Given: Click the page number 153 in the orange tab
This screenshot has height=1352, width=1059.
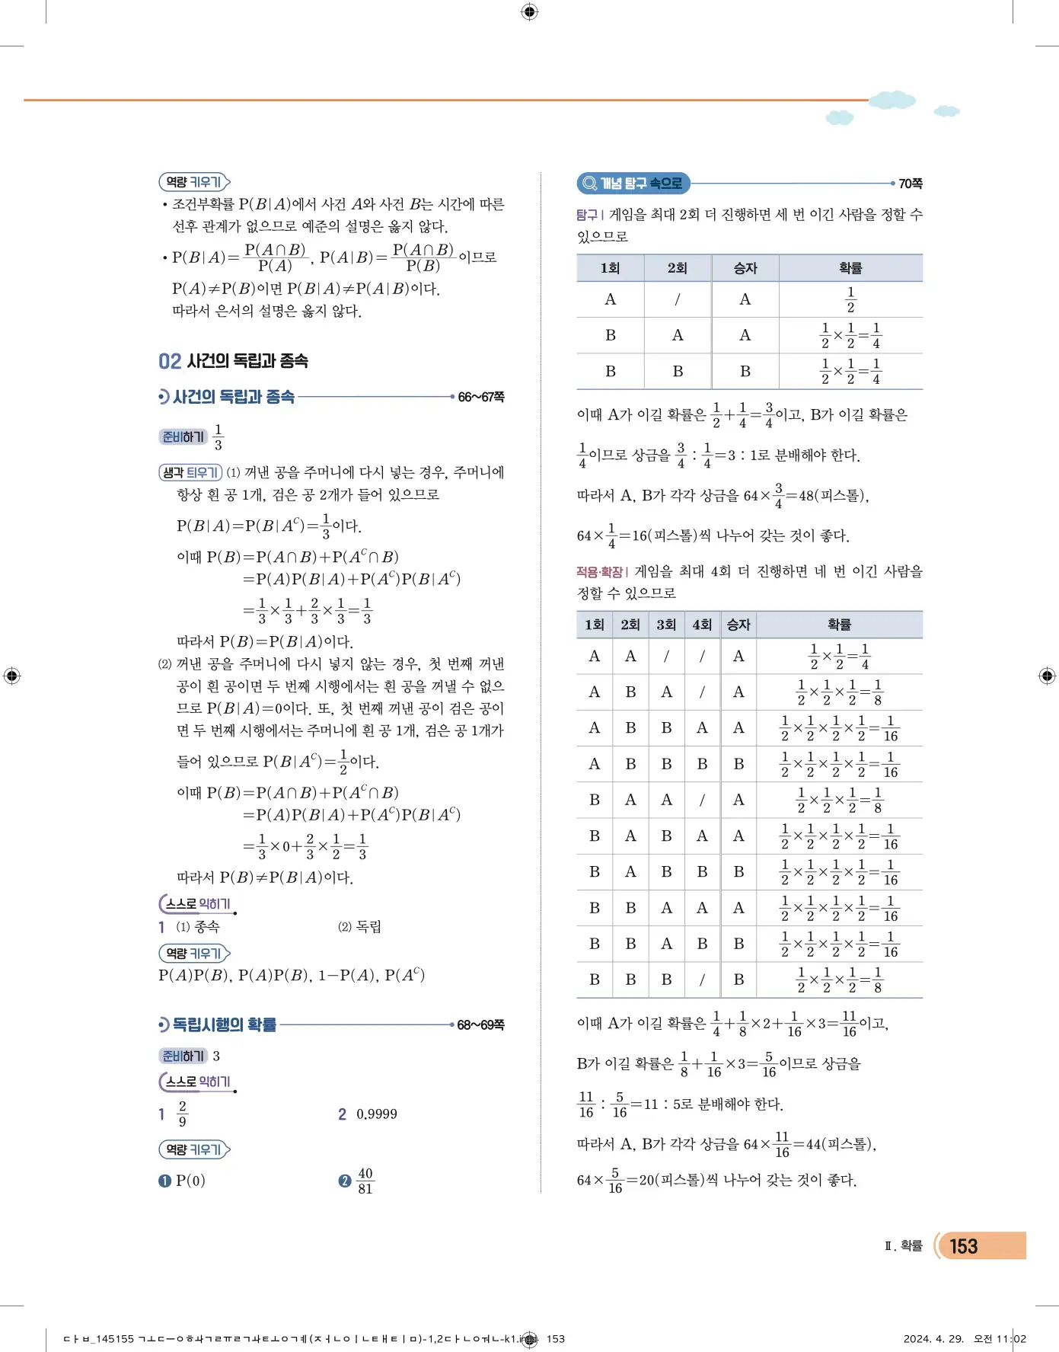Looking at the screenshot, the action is (963, 1246).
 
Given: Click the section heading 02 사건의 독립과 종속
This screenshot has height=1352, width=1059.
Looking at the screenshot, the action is (233, 361).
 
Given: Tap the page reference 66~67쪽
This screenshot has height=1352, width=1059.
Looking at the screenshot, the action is (481, 397).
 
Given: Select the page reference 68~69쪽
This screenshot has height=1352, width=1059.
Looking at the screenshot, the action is (481, 1025).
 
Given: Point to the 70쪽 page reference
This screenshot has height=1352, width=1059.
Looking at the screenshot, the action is (911, 184).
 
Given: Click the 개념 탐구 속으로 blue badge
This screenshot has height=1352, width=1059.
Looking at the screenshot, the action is (633, 184).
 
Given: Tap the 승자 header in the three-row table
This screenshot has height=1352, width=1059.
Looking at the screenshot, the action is (745, 268).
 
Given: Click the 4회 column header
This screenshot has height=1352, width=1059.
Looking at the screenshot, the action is (702, 625).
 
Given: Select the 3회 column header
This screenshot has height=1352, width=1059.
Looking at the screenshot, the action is (666, 625).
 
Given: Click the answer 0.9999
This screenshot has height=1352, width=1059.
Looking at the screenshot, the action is (377, 1114).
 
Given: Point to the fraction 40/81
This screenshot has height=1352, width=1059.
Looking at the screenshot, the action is (365, 1181).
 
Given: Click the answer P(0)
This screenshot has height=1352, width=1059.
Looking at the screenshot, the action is (190, 1181).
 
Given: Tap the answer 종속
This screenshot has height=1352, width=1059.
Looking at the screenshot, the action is (207, 927).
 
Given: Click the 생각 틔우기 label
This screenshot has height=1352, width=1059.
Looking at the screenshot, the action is (190, 473).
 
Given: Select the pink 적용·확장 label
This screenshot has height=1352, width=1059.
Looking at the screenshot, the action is (600, 571).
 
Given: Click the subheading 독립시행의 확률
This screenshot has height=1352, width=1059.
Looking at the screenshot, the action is (225, 1025).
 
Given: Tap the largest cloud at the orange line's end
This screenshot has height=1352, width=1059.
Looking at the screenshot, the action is (892, 100).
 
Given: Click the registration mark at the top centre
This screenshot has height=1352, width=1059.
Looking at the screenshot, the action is (530, 11).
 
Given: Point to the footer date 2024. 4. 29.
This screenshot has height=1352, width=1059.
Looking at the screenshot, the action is (933, 1338).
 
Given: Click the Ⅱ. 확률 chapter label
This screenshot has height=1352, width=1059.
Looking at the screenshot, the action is (904, 1246).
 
